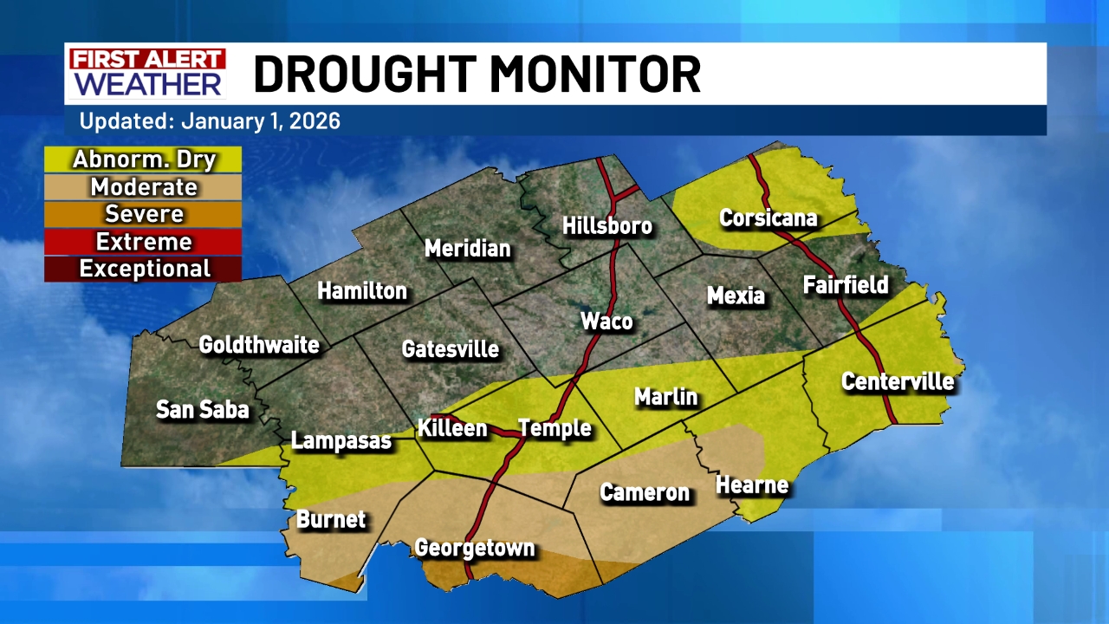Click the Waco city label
click(606, 322)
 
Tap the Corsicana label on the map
click(768, 218)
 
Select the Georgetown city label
click(474, 548)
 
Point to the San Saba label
click(202, 409)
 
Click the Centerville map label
click(897, 381)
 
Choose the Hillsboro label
click(606, 226)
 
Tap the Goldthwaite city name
click(259, 345)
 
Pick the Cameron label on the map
click(645, 492)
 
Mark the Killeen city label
click(452, 428)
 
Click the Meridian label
click(467, 249)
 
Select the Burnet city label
click(331, 519)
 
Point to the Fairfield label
click(846, 284)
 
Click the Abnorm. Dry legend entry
click(144, 159)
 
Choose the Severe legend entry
click(144, 213)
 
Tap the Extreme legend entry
click(144, 241)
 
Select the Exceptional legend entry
click(144, 269)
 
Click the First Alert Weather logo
click(147, 73)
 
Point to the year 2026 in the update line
click(315, 120)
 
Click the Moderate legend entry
click(144, 186)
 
